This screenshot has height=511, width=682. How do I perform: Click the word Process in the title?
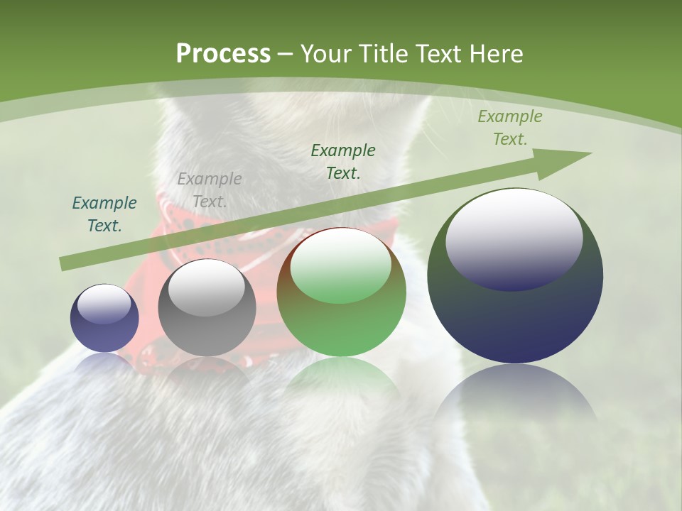(223, 54)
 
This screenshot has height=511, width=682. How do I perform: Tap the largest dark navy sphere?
(515, 277)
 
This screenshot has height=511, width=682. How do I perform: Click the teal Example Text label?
(104, 214)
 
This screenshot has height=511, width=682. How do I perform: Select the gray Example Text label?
(210, 190)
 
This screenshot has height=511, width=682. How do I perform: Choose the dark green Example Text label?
(343, 162)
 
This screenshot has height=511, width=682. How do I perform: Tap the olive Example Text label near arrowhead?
(510, 128)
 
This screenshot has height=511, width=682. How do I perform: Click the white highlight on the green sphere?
(341, 265)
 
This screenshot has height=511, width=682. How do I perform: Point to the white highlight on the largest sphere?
(514, 238)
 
